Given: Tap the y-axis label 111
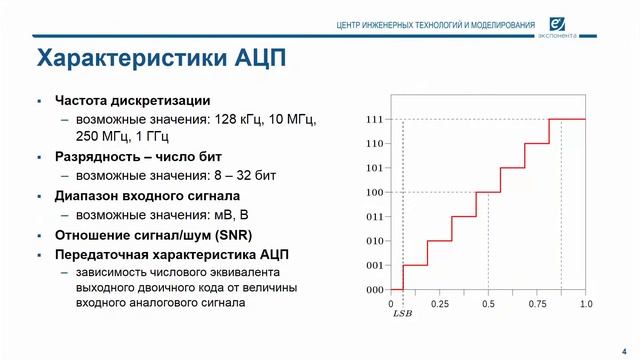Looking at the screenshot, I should pyautogui.click(x=375, y=119).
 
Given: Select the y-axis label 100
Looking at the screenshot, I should pyautogui.click(x=375, y=192).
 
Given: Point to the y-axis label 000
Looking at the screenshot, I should pyautogui.click(x=375, y=290).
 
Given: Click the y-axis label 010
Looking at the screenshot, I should pyautogui.click(x=375, y=241).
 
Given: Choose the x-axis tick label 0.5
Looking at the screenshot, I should pyautogui.click(x=487, y=303).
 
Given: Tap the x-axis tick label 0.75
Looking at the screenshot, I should pyautogui.click(x=536, y=303).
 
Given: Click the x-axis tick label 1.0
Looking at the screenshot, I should pyautogui.click(x=585, y=303).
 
